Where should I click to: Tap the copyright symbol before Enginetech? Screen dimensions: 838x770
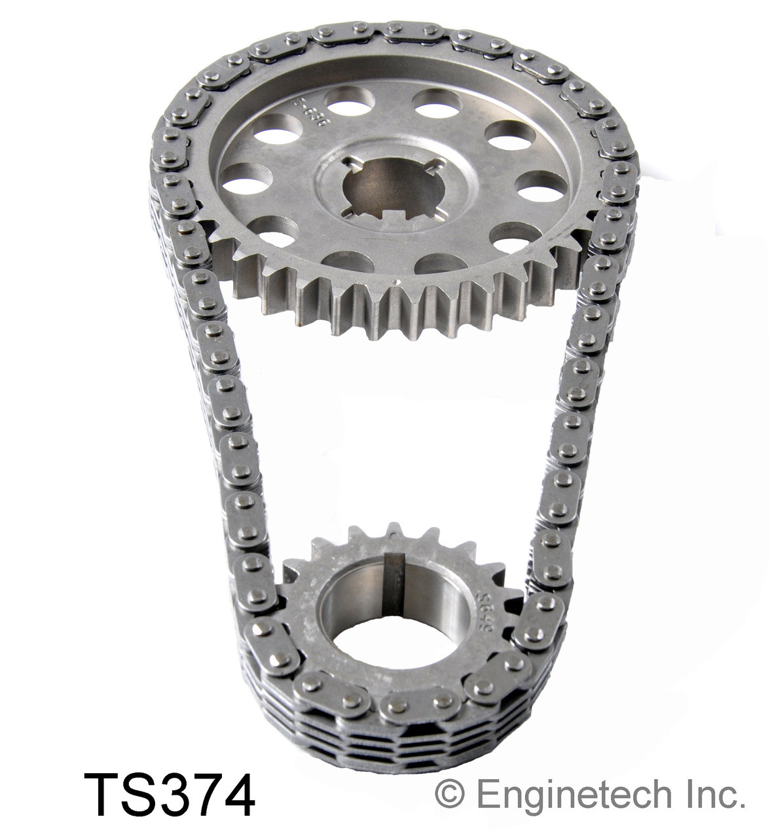450,795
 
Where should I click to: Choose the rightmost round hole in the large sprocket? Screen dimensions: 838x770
541,186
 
